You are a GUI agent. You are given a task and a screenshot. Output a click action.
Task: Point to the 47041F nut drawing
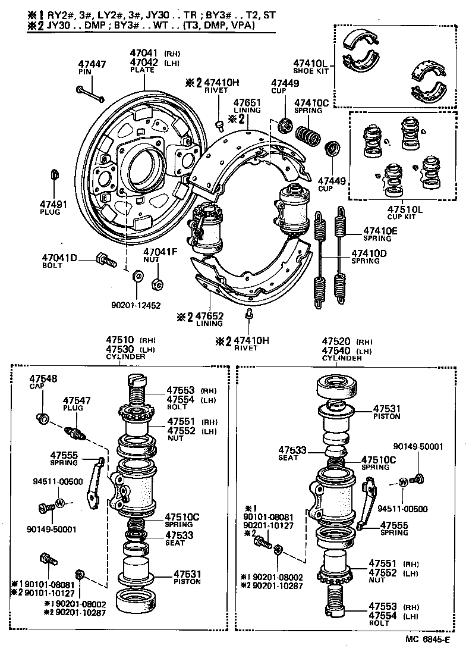[158, 283]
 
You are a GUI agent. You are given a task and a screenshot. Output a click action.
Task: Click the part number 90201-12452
[136, 305]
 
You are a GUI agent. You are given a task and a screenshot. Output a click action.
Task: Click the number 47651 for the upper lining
[247, 102]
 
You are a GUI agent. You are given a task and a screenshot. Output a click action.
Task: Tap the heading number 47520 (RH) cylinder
[337, 341]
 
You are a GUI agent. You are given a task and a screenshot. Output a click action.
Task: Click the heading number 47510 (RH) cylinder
[120, 340]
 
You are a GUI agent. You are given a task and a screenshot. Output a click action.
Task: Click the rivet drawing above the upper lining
[219, 125]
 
